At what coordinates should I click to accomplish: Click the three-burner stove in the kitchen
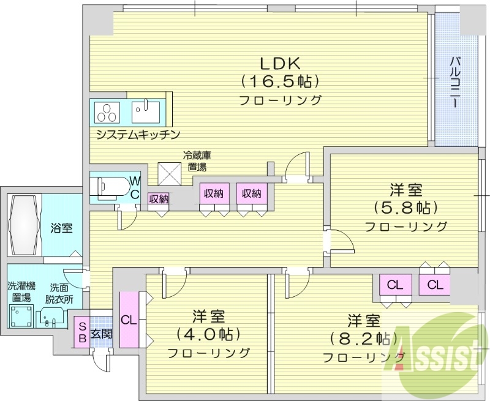point(110,112)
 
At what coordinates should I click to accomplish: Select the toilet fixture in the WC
point(110,187)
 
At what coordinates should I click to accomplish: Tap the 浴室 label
point(61,228)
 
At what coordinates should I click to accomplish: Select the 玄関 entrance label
point(102,334)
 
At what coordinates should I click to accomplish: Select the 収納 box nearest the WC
point(159,198)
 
